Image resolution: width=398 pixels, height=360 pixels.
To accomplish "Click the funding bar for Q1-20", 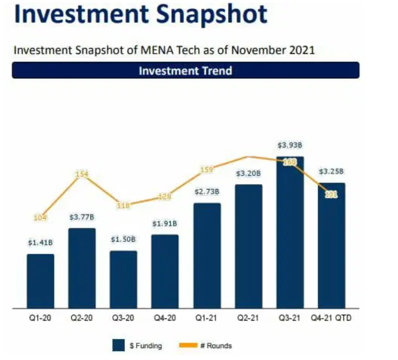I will pyautogui.click(x=41, y=281).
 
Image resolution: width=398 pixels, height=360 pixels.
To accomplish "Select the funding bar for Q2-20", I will pyautogui.click(x=82, y=268).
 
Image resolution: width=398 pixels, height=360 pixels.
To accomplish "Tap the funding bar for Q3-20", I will pyautogui.click(x=124, y=280).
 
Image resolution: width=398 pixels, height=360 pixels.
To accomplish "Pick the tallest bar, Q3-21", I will pyautogui.click(x=290, y=233).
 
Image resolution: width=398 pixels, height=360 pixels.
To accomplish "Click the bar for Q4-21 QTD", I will pyautogui.click(x=332, y=246).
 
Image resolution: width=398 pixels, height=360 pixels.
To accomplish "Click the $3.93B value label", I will pyautogui.click(x=290, y=145).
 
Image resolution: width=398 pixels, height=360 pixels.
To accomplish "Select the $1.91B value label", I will pyautogui.click(x=165, y=223).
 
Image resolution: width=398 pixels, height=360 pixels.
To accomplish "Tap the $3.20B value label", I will pyautogui.click(x=248, y=174).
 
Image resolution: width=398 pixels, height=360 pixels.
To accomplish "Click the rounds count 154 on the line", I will pyautogui.click(x=82, y=174).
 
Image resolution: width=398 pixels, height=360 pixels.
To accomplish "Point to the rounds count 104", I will pyautogui.click(x=41, y=218).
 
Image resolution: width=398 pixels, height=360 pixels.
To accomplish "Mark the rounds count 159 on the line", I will pyautogui.click(x=207, y=169).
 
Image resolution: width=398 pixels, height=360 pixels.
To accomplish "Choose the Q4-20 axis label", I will pyautogui.click(x=165, y=318).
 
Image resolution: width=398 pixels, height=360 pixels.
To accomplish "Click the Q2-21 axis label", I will pyautogui.click(x=248, y=318).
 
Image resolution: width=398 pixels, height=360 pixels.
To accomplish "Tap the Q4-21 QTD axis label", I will pyautogui.click(x=332, y=318).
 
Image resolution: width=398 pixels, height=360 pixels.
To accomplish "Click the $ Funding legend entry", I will pyautogui.click(x=137, y=345).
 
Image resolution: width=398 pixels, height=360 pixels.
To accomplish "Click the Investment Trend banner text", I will pyautogui.click(x=185, y=71).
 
